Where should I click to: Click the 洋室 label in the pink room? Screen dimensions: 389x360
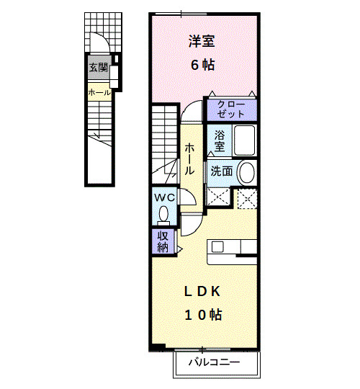[x=202, y=43]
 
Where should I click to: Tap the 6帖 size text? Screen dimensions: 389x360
[x=202, y=65]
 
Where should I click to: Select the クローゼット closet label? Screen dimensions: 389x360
[x=231, y=109]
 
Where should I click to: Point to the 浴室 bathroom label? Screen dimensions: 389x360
[x=219, y=141]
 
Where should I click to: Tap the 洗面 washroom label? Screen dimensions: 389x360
[x=221, y=171]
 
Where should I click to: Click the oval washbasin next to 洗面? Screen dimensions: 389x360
[x=246, y=173]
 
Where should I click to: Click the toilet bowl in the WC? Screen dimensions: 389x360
[x=163, y=213]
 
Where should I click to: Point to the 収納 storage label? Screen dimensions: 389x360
[x=163, y=242]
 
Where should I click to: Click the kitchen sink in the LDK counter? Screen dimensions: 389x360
[x=217, y=246]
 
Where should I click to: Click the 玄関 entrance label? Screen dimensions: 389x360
[x=99, y=68]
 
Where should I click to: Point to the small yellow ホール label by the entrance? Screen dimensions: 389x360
[x=99, y=92]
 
